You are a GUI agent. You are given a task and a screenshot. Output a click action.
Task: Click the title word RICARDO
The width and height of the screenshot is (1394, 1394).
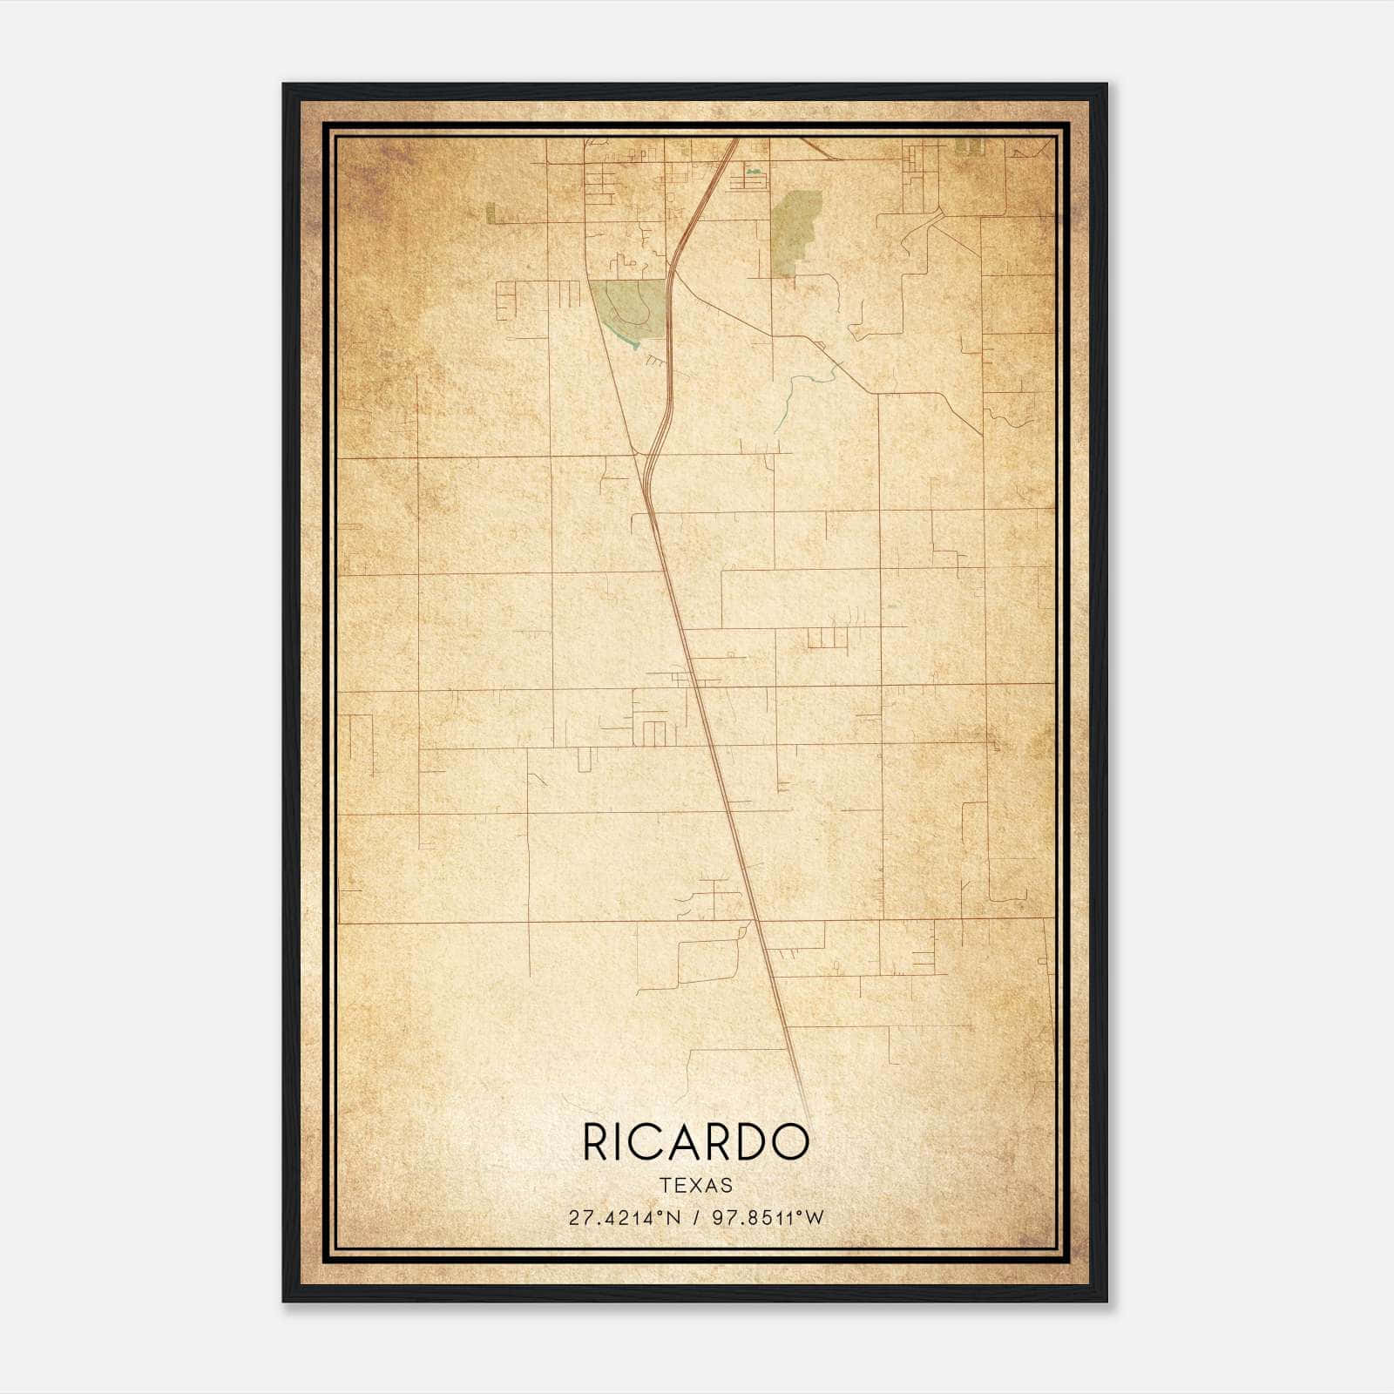point(695,1142)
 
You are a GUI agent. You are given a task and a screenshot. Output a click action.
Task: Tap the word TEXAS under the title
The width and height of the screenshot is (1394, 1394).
point(696,1186)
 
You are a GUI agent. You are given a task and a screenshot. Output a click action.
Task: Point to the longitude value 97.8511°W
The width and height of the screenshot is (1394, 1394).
point(767,1218)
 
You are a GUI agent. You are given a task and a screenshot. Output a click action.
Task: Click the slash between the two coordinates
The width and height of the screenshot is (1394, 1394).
point(692,1218)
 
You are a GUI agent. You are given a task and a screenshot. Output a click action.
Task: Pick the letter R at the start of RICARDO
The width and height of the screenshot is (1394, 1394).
point(597,1142)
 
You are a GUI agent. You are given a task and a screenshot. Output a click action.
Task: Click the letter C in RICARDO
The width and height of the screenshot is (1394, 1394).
point(656,1142)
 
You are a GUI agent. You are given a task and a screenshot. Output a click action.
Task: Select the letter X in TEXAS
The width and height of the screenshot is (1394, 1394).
point(695,1186)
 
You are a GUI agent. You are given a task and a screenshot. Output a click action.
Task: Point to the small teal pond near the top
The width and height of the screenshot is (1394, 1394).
point(755,172)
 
